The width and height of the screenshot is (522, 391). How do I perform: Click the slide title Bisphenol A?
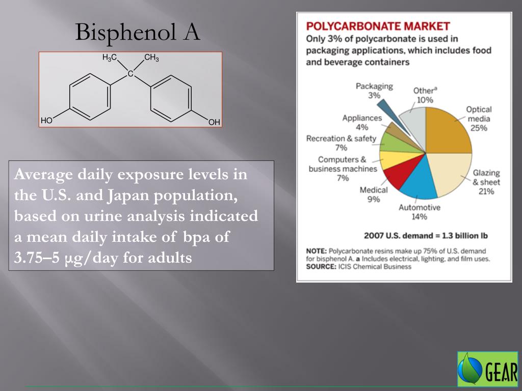138,33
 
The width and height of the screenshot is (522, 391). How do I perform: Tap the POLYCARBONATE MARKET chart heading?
378,26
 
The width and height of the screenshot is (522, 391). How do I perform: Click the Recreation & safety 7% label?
341,143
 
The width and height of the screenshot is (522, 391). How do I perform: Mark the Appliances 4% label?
362,123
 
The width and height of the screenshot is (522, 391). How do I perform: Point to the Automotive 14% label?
419,212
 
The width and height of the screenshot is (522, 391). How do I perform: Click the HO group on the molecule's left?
47,121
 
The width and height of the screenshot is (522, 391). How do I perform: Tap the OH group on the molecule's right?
214,122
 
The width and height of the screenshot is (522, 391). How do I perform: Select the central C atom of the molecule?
130,74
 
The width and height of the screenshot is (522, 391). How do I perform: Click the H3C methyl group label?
110,58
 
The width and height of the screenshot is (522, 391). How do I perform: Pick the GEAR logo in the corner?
487,368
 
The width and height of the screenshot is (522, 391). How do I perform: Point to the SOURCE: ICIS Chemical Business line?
358,267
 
